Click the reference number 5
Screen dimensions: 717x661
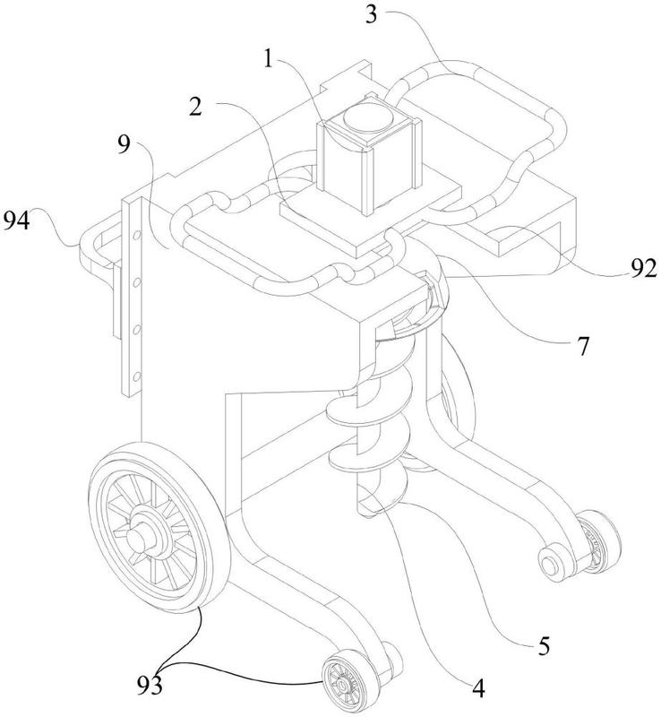[544, 643]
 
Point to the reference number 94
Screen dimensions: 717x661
[21, 218]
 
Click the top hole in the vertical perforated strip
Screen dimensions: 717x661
[136, 235]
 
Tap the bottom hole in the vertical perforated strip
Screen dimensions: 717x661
[136, 374]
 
